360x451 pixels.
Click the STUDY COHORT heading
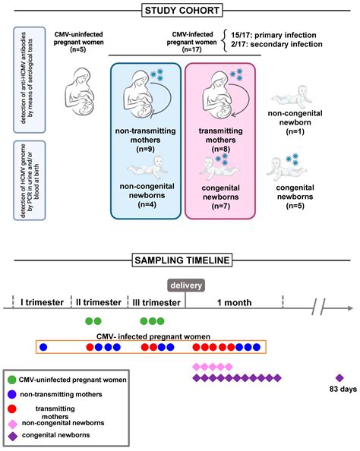click(x=179, y=10)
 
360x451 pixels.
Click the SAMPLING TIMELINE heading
click(x=179, y=260)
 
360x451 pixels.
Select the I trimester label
click(x=36, y=302)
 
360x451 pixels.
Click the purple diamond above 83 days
click(x=339, y=378)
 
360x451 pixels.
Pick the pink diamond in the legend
click(x=13, y=422)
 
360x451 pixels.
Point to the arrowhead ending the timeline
click(x=350, y=308)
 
